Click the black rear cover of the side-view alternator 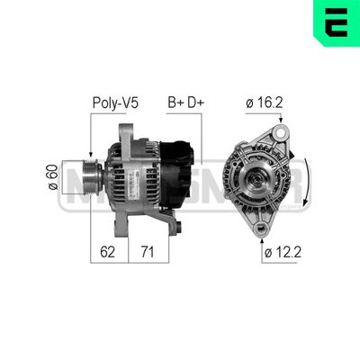[x=184, y=171]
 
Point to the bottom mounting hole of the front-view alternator [x=261, y=226]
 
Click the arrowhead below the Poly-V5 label [x=90, y=153]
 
